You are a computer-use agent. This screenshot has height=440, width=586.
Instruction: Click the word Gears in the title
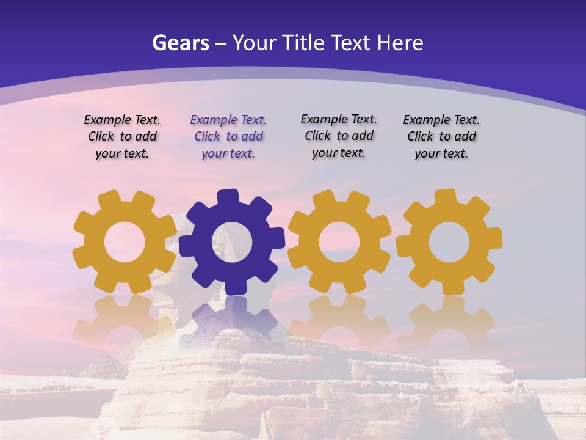(x=180, y=43)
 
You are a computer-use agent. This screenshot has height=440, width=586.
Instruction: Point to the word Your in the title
(x=254, y=43)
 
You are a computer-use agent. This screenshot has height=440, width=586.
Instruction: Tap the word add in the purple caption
(x=251, y=137)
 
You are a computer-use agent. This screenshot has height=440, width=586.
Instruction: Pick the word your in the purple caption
(x=214, y=154)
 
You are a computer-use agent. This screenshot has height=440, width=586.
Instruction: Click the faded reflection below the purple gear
(x=231, y=318)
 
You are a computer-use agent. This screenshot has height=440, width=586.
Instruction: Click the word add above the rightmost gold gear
(x=465, y=137)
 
